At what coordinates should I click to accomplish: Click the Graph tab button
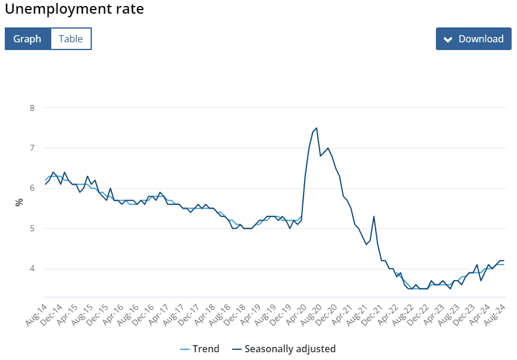coord(27,39)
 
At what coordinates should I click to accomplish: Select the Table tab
coord(71,39)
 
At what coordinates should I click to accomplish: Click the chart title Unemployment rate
coord(75,9)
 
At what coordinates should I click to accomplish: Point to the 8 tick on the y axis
coord(32,108)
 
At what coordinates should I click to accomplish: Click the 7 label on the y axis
coord(32,148)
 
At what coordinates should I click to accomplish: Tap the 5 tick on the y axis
coord(32,228)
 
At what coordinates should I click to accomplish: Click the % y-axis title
coord(19,202)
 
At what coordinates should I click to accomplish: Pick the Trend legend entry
coord(200,349)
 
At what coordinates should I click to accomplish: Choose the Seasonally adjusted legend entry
coord(284,349)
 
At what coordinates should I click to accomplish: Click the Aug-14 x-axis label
coord(36,315)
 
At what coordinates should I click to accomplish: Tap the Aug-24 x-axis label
coord(495,315)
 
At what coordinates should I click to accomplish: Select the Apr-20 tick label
coord(296,315)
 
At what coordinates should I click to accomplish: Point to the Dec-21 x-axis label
coord(372,315)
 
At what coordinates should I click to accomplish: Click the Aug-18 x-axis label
coord(219,315)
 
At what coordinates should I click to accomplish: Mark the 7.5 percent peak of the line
coord(317,128)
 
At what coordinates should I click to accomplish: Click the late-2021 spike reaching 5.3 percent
coord(374,216)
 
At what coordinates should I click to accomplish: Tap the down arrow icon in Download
coord(448,39)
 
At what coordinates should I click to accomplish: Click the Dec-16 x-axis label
coord(143,315)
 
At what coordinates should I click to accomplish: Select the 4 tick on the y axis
coord(32,269)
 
